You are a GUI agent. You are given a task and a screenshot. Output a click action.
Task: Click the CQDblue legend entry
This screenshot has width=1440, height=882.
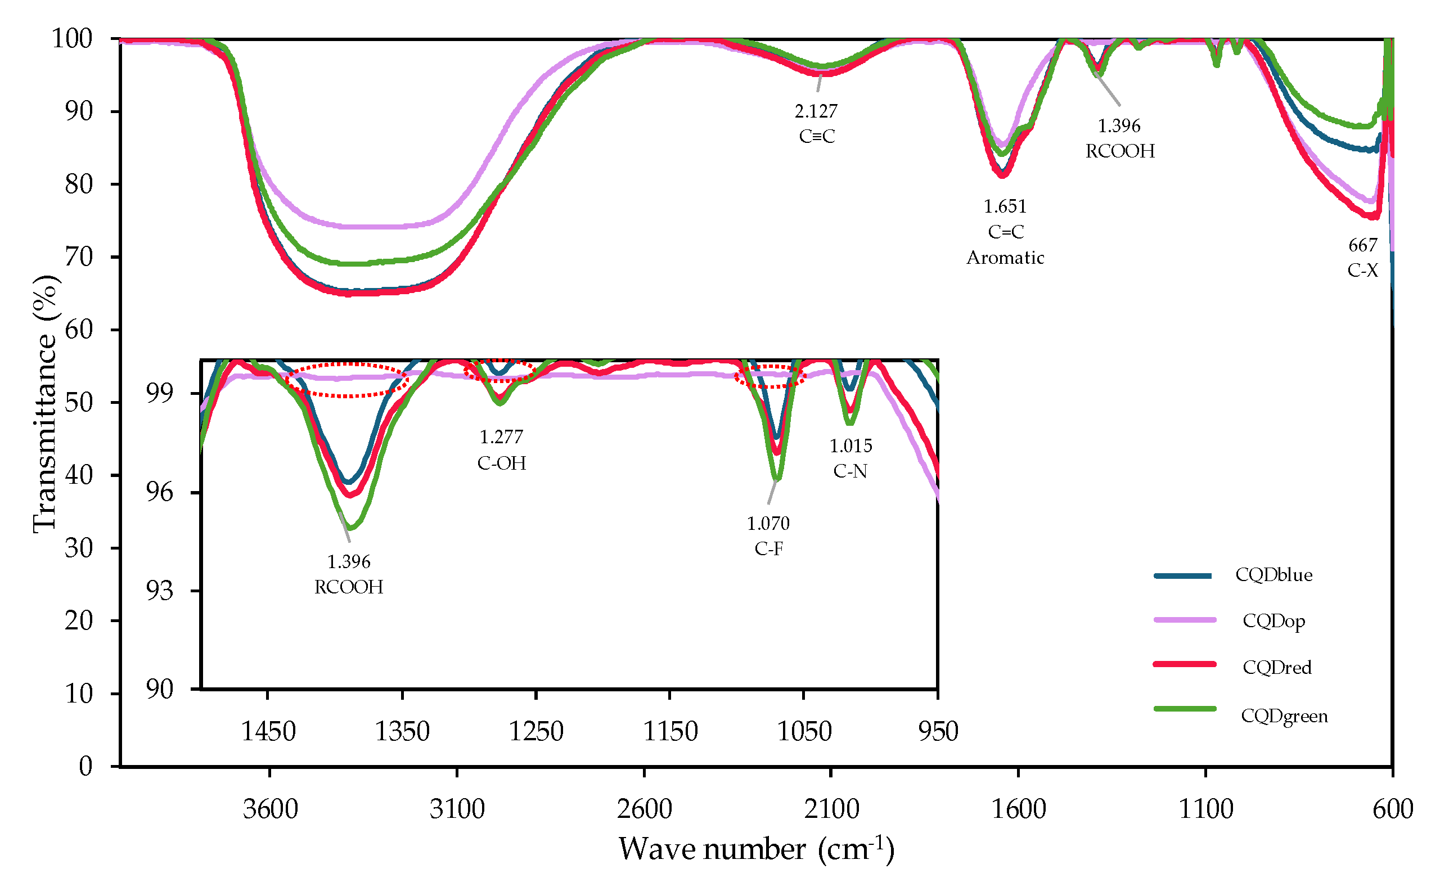tap(1273, 575)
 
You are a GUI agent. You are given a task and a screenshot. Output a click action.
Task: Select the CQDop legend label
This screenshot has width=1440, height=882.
tap(1273, 621)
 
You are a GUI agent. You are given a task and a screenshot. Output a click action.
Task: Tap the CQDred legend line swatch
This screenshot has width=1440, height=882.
tap(1184, 664)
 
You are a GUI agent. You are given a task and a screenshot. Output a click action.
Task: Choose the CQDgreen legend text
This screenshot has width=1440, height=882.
tap(1284, 716)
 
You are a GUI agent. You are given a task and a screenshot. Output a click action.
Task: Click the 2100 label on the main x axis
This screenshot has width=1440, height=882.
tap(831, 809)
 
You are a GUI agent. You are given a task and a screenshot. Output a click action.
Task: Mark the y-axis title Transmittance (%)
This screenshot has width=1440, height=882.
tap(45, 403)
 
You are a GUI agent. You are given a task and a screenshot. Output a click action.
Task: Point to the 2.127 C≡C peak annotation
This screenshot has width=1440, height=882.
tap(816, 123)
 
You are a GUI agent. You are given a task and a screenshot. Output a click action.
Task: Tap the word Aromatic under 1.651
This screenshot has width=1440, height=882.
tap(1005, 258)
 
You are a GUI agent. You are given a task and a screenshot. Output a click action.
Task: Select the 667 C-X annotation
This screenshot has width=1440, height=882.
tap(1362, 258)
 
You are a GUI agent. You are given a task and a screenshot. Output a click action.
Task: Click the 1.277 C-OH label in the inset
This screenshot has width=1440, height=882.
tap(501, 450)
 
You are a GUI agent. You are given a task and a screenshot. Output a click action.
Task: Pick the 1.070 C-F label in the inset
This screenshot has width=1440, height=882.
tap(768, 536)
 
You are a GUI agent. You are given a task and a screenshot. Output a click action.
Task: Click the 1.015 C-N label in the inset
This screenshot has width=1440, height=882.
tap(850, 459)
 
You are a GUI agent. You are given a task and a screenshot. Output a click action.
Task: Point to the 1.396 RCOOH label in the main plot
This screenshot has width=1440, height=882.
tap(1119, 138)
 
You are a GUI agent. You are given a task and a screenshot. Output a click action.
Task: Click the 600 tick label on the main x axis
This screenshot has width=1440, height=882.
tap(1393, 809)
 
